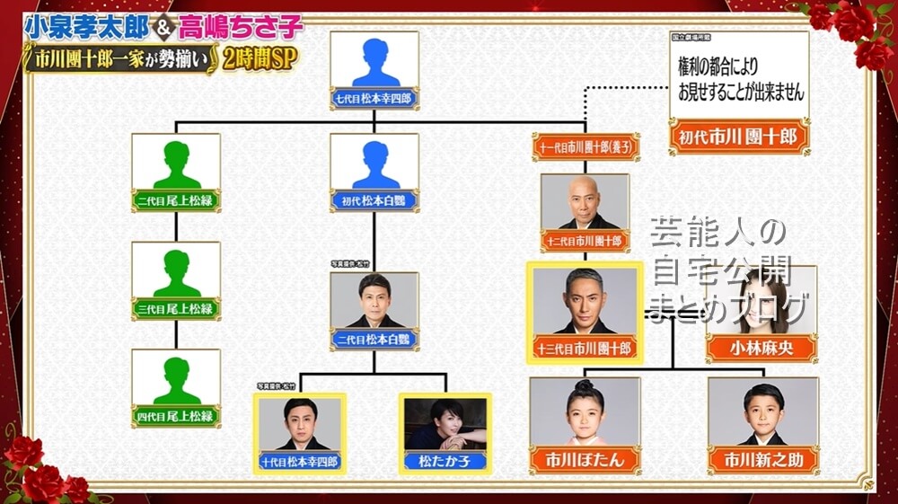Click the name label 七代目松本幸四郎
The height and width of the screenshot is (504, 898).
pos(374,97)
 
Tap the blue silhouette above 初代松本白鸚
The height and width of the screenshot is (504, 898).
pos(374,163)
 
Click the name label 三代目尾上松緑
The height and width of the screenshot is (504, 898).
pos(176,308)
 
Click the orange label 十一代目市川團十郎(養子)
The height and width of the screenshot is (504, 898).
pos(585,146)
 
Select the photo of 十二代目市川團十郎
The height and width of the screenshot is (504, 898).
pos(585,203)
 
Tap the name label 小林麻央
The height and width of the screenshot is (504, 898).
pos(762,349)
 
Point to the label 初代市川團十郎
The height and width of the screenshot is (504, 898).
pos(739,138)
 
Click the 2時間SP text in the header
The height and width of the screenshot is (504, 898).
pos(265,60)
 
